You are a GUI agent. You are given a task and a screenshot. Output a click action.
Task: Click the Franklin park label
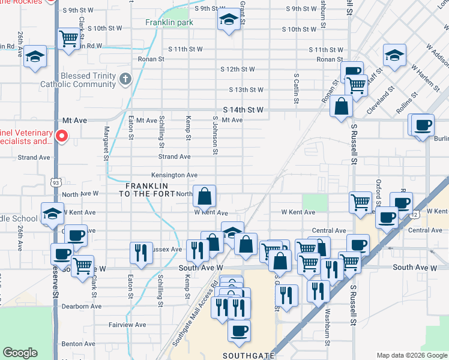[x=169, y=23]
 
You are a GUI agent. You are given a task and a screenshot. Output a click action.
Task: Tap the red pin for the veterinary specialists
[x=61, y=137]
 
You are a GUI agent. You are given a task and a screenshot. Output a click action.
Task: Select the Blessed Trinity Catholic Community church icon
[x=125, y=78]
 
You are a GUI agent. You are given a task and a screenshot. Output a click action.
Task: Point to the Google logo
[x=20, y=353]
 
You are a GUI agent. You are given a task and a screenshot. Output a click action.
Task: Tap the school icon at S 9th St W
[x=228, y=20]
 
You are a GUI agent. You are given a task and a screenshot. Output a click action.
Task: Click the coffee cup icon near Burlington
[x=423, y=124]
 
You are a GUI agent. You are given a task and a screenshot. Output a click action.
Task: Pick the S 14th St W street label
[x=243, y=110]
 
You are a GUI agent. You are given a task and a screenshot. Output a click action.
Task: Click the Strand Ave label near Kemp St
[x=174, y=157]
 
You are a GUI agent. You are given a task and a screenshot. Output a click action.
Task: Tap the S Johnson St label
[x=214, y=135]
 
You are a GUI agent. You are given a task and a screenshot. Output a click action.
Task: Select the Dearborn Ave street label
[x=82, y=306]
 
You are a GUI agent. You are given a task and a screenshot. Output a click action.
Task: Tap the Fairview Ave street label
[x=127, y=325]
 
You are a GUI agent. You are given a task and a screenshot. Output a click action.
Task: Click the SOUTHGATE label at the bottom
[x=248, y=355]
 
